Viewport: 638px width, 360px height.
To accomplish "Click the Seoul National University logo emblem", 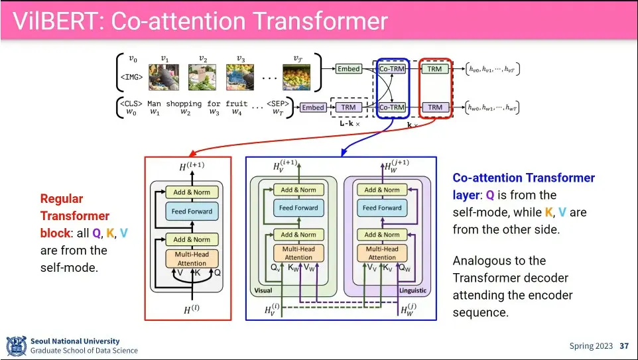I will click(15, 345).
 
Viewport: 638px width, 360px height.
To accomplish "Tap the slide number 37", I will click(623, 345).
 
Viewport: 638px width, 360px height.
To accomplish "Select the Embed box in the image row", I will click(348, 69).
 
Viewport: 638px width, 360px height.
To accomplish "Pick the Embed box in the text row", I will click(312, 107).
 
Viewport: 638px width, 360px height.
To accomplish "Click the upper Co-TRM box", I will click(391, 69).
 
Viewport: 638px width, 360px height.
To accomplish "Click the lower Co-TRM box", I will click(391, 107).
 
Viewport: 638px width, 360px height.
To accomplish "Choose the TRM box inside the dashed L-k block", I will click(348, 107).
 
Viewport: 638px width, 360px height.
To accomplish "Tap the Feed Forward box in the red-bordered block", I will click(192, 211).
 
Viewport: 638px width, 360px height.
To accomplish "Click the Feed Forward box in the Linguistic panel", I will click(382, 208).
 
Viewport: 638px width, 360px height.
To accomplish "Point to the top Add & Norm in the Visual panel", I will click(298, 190).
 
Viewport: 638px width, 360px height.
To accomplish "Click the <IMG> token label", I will click(132, 77).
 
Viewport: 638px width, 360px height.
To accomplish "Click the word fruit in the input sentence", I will click(237, 103).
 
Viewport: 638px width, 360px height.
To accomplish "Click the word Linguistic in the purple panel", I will click(413, 290).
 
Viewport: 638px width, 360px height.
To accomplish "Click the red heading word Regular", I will click(62, 198).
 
